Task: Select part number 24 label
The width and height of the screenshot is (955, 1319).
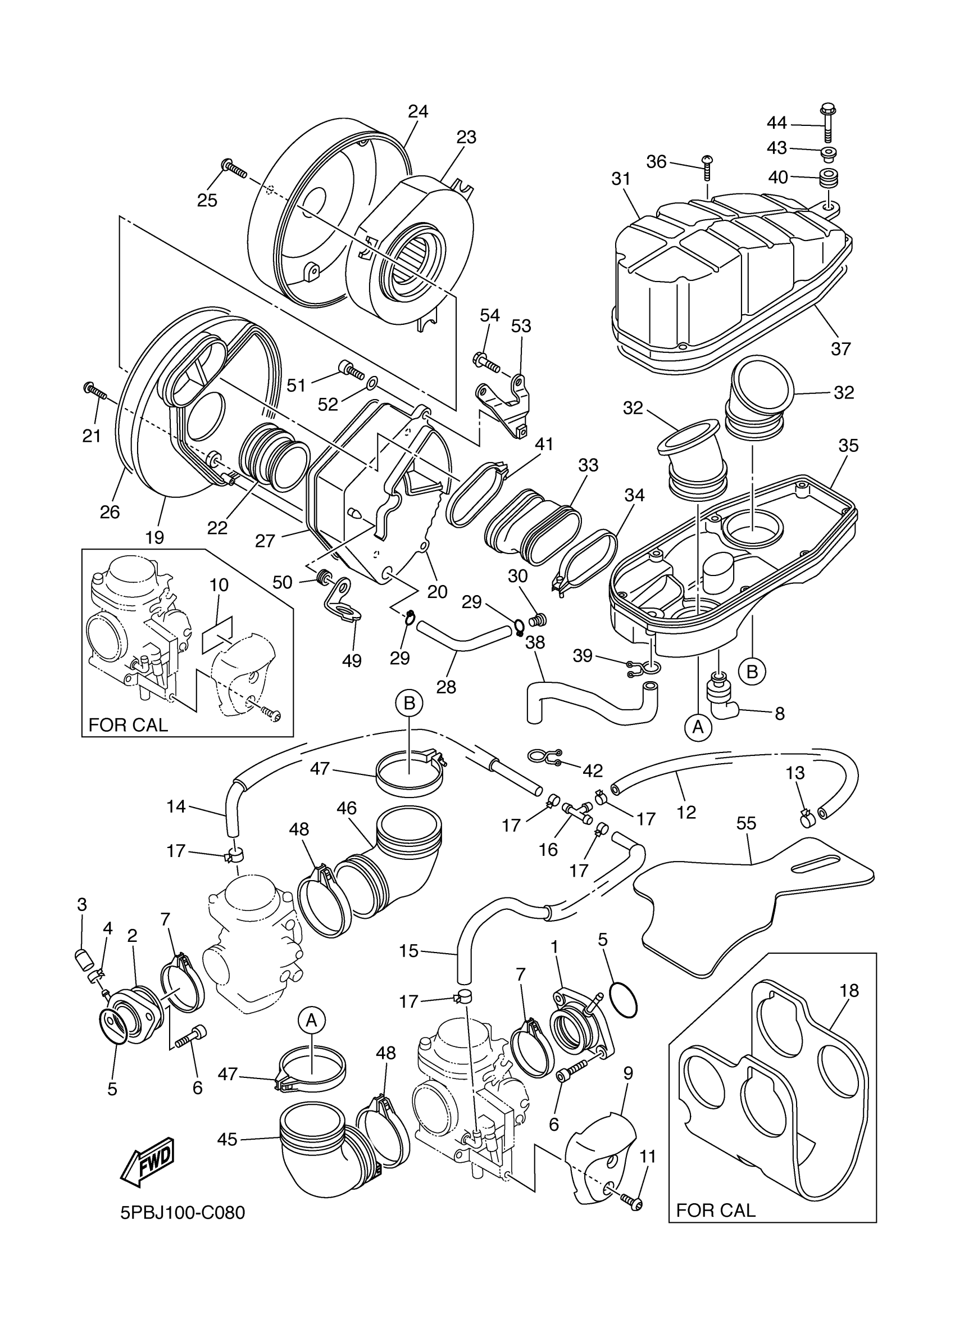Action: point(418,111)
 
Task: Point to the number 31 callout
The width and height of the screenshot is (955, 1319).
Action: point(621,179)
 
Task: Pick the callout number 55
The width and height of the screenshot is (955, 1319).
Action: point(747,823)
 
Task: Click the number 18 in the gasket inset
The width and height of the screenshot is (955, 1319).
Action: point(849,990)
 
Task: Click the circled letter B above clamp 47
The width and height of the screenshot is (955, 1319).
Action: point(409,704)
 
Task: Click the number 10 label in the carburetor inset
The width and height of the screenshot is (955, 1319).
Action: point(219,585)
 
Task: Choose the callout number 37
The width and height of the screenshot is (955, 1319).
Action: point(840,348)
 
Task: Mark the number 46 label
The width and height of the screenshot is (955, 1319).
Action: point(347,808)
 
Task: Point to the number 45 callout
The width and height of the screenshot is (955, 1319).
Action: point(227,1140)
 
